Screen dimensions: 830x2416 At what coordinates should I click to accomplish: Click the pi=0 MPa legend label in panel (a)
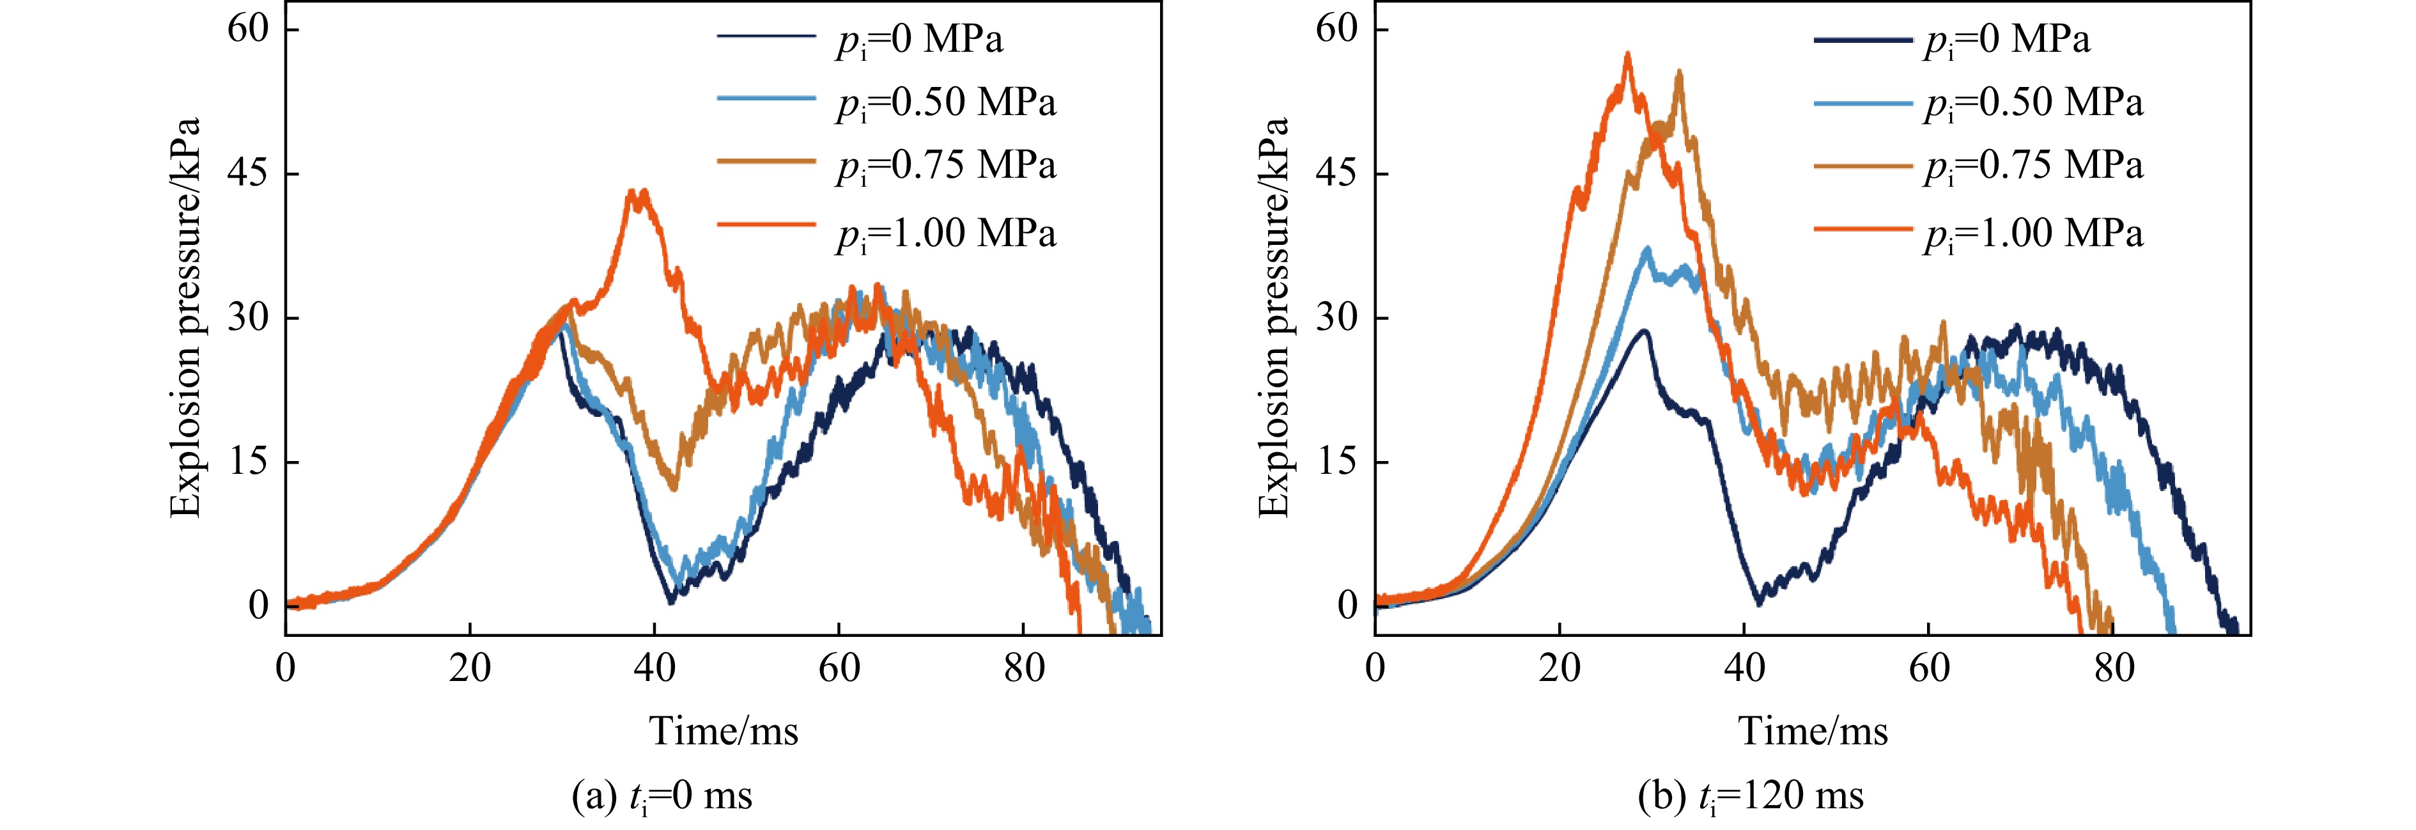(919, 40)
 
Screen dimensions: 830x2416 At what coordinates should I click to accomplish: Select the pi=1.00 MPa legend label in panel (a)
(945, 233)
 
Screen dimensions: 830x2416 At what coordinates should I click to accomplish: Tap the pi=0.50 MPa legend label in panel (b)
(2033, 103)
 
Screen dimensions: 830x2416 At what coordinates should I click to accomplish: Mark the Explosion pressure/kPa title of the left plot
(186, 318)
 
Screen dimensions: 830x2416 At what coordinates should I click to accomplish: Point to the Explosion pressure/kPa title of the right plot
(1274, 318)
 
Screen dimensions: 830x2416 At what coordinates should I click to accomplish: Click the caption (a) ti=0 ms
(662, 796)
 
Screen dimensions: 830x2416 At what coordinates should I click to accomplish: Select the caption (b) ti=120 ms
(1750, 796)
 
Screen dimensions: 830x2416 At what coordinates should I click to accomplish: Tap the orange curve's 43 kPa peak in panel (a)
(639, 193)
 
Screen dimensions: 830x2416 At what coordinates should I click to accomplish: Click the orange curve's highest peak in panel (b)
(1628, 54)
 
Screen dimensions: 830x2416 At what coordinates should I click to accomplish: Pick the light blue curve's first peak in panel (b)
(1647, 249)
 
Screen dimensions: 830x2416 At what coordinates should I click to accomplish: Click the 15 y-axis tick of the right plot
(1336, 462)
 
